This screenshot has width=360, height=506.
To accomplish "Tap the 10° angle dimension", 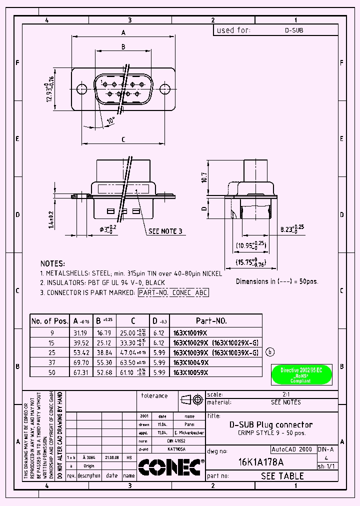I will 110,120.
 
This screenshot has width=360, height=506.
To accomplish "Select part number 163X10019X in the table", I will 189,332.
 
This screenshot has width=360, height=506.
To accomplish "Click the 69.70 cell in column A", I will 81,362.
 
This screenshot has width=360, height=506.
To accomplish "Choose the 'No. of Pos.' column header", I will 49,321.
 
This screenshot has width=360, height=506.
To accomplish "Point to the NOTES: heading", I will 52,263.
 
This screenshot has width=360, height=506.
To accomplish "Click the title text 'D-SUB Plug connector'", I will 270,424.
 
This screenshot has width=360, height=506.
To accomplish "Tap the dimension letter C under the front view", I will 123,139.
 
